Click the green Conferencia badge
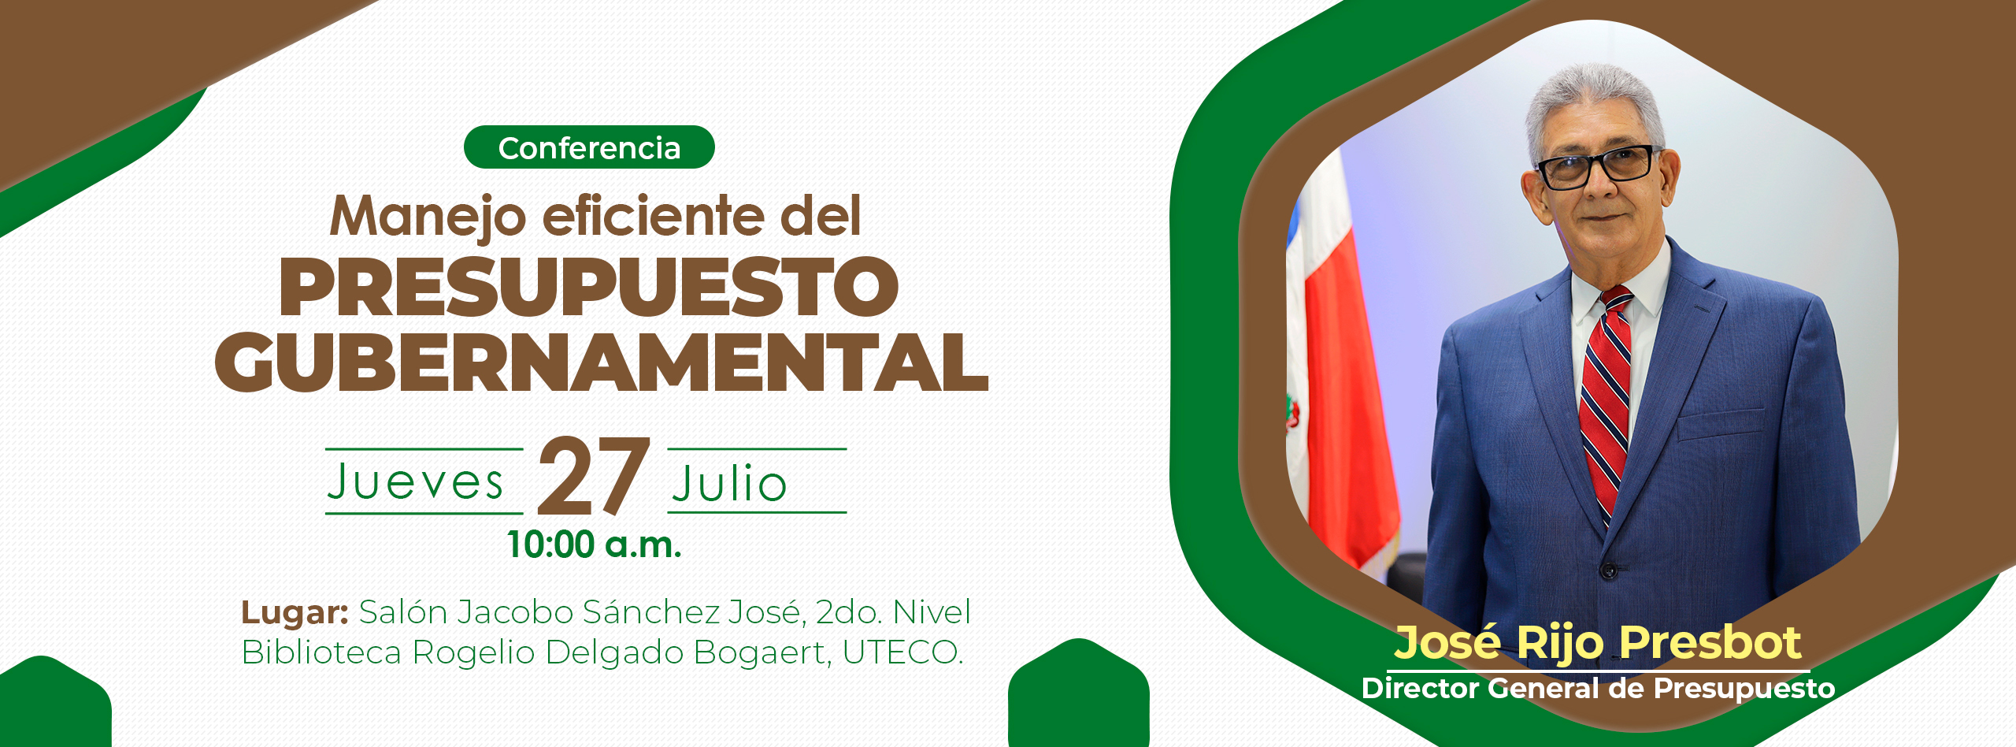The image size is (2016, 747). pos(589,147)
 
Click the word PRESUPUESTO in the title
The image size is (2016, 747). pos(589,287)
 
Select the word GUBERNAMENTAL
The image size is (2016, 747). pos(601,362)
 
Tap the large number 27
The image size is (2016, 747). pos(595,476)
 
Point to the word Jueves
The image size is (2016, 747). pos(415,481)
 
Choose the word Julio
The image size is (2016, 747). pos(729,482)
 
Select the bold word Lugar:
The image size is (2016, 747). pos(295,612)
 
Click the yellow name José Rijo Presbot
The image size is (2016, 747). pos(1598,642)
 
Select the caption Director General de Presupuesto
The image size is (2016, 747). pos(1598,688)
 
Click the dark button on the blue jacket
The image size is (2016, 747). pos(1609,569)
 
